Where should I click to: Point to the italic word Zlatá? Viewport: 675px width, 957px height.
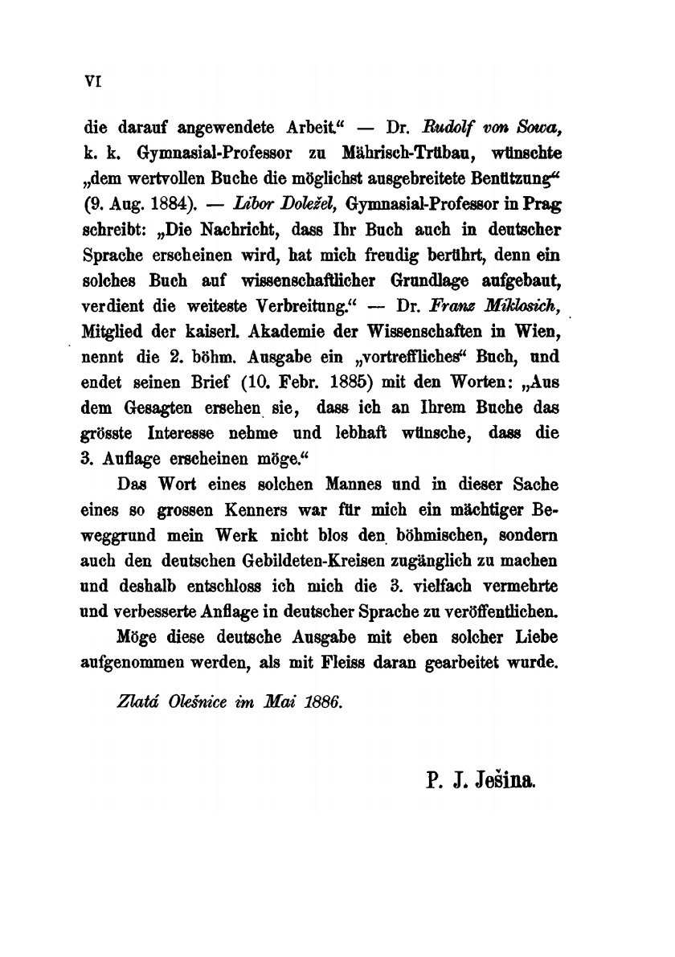[135, 701]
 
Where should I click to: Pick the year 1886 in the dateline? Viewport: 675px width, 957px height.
[320, 701]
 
